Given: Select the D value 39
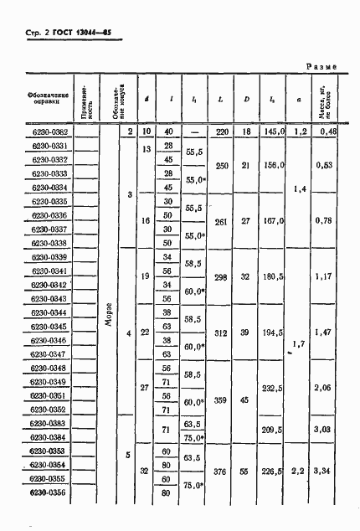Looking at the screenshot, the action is (x=244, y=332).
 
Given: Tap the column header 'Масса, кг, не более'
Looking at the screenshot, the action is (x=327, y=99).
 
